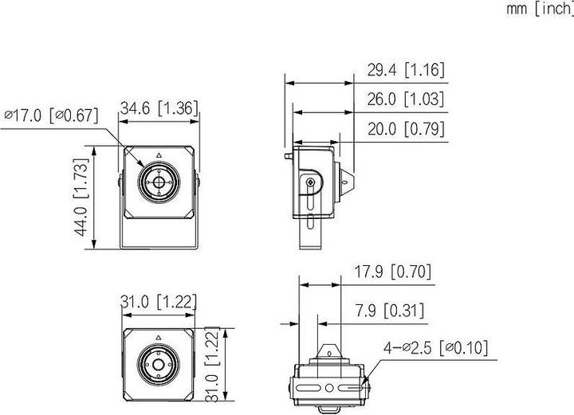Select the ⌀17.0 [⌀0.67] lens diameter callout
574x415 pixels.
pos(51,115)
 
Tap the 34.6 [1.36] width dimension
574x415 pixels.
pos(159,108)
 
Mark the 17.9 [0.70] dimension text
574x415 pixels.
pos(391,272)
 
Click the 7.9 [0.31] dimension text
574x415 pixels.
pos(391,310)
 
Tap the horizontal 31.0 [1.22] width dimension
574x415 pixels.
pos(159,302)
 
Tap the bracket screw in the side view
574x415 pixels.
pos(310,184)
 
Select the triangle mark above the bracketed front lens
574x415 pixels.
pos(159,155)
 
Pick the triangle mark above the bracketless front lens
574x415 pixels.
pos(159,337)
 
